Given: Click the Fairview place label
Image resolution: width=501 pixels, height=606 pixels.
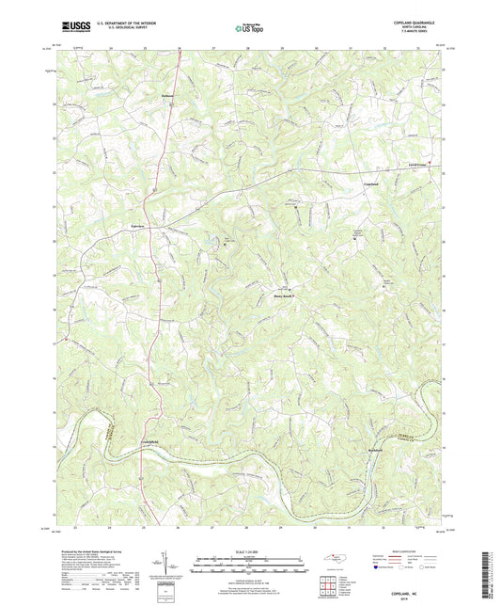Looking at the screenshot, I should point(137,228).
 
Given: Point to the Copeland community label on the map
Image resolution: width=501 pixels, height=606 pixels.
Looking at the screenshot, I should point(344,183).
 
